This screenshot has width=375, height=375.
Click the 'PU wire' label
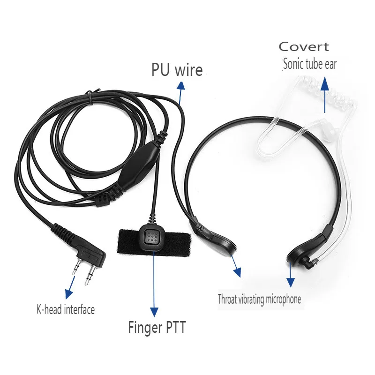pyautogui.click(x=177, y=70)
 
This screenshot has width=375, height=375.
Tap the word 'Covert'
pyautogui.click(x=304, y=47)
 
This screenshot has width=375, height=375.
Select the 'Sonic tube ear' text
pyautogui.click(x=309, y=64)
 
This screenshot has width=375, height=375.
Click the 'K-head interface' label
pyautogui.click(x=66, y=309)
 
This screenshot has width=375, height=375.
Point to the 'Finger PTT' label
pyautogui.click(x=157, y=327)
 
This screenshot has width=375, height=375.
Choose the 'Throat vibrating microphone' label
pyautogui.click(x=259, y=299)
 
